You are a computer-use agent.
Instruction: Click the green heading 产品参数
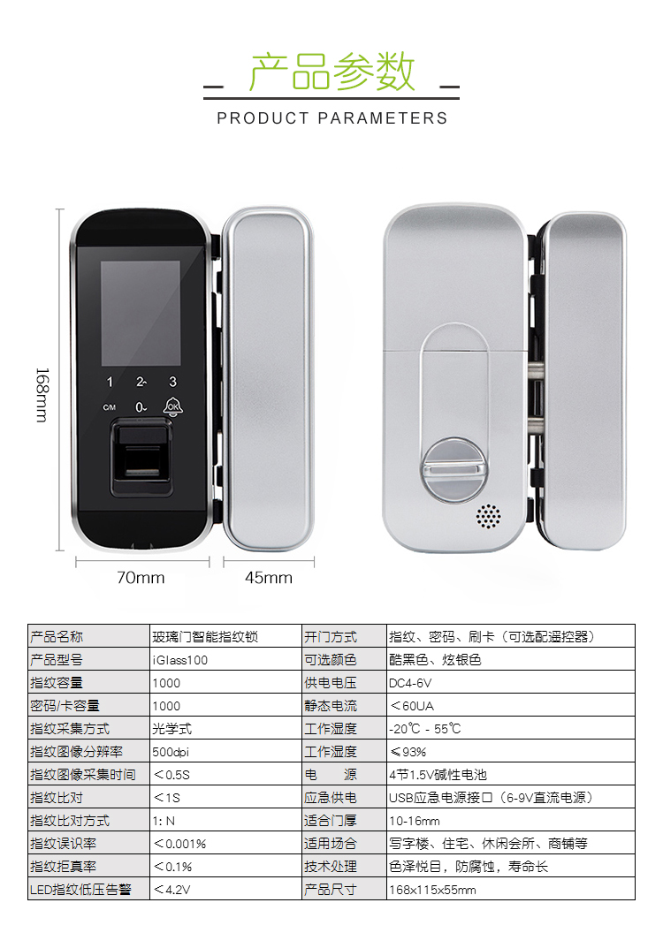(x=331, y=72)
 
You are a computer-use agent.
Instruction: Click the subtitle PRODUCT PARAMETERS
(x=332, y=118)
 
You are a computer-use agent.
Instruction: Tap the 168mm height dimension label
(x=42, y=395)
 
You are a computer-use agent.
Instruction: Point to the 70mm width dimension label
(x=141, y=577)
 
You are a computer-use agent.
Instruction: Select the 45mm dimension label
(x=269, y=577)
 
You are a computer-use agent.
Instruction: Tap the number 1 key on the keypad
(x=110, y=382)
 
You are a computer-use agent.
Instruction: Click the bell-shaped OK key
(x=172, y=406)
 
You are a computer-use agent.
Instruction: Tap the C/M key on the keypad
(x=110, y=407)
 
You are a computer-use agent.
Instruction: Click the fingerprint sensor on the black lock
(x=142, y=457)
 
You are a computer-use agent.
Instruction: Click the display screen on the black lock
(x=141, y=313)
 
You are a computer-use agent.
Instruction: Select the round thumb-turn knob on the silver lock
(x=454, y=470)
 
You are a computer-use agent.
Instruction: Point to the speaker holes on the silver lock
(x=488, y=516)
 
